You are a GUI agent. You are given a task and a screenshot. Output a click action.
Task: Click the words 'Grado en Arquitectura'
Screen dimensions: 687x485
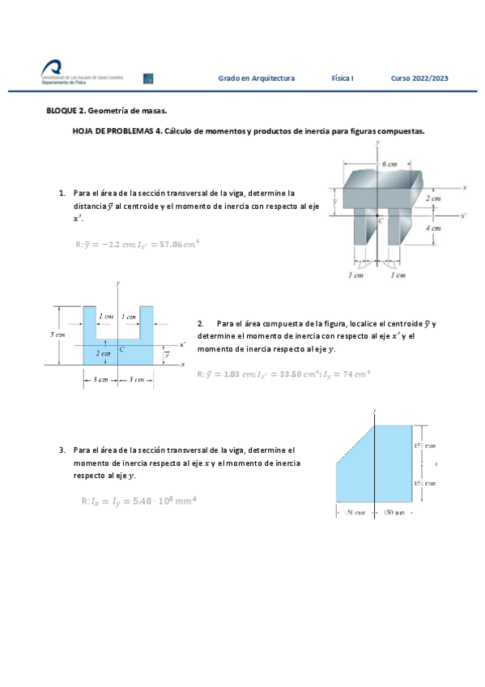(x=256, y=79)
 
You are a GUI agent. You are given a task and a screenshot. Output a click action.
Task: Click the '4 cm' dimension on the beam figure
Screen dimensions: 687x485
(x=434, y=228)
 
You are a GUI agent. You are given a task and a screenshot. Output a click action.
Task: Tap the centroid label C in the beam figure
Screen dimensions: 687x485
(x=381, y=220)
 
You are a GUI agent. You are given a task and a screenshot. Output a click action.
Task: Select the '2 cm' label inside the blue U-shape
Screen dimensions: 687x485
(x=103, y=353)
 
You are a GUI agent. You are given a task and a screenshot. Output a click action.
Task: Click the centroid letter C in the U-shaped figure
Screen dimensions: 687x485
(x=121, y=349)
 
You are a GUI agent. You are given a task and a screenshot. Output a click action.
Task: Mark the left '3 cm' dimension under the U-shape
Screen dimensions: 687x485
(x=100, y=379)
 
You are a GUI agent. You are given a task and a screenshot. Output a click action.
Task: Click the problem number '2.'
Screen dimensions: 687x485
(x=201, y=324)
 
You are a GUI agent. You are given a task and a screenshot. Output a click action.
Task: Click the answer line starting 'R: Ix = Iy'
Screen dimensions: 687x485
(x=139, y=501)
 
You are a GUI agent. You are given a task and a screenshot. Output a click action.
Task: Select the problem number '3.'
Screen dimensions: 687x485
(x=62, y=450)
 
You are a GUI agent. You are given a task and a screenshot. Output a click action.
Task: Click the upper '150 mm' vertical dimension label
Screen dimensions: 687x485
(x=424, y=445)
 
